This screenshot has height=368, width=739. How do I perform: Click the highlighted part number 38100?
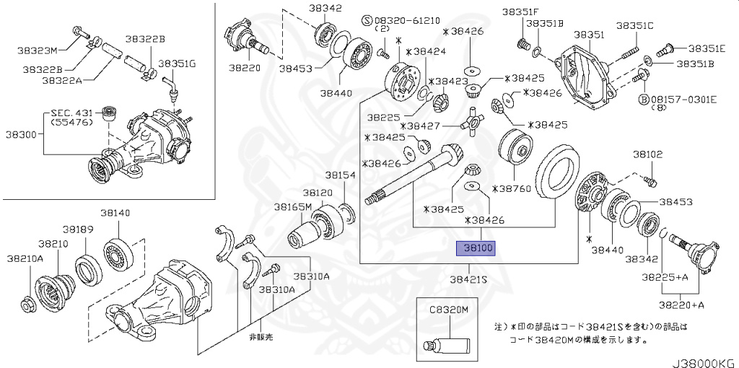[477, 248]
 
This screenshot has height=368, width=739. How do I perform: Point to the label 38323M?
[38, 51]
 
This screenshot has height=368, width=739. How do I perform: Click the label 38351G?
[177, 63]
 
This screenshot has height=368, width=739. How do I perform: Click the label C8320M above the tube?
[450, 309]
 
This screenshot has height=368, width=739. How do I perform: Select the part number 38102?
[647, 154]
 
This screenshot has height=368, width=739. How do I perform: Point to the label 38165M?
[292, 206]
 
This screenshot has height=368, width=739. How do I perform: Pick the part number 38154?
[339, 175]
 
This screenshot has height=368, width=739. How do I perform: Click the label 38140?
[115, 213]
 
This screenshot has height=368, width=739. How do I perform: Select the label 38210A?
[25, 258]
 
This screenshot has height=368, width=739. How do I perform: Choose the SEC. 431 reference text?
[72, 114]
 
